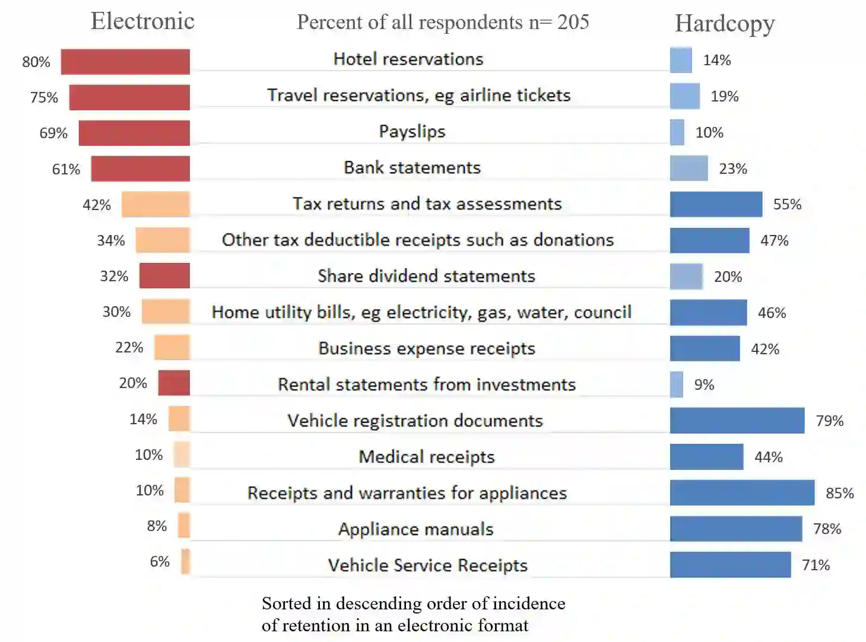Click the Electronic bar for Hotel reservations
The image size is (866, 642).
pyautogui.click(x=125, y=62)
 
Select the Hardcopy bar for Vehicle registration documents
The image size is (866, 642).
pyautogui.click(x=737, y=421)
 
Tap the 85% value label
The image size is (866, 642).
pyautogui.click(x=839, y=493)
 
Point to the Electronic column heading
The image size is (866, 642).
pyautogui.click(x=142, y=21)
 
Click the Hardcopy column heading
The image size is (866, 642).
pyautogui.click(x=725, y=24)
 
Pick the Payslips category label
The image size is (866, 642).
pyautogui.click(x=412, y=131)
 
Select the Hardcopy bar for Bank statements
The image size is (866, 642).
pyautogui.click(x=689, y=169)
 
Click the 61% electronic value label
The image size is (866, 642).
pyautogui.click(x=66, y=169)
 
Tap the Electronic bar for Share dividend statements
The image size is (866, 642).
pyautogui.click(x=164, y=276)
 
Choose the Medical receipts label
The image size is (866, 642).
pyautogui.click(x=426, y=457)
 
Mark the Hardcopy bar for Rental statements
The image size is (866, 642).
pyautogui.click(x=677, y=384)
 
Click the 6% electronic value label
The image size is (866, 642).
pyautogui.click(x=160, y=562)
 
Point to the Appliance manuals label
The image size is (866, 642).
pyautogui.click(x=415, y=529)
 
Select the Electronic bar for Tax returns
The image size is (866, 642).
pyautogui.click(x=156, y=205)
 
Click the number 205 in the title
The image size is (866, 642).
pyautogui.click(x=573, y=22)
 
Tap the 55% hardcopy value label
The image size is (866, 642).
pyautogui.click(x=787, y=205)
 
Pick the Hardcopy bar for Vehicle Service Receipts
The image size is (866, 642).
pyautogui.click(x=730, y=565)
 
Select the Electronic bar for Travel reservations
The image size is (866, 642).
pyautogui.click(x=129, y=97)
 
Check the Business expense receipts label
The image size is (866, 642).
pyautogui.click(x=426, y=348)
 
